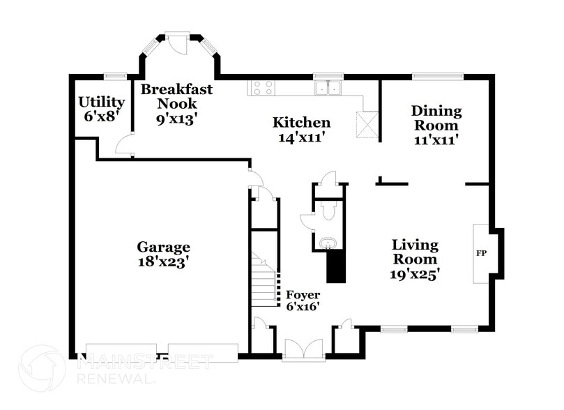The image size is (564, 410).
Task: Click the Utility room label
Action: point(102,102)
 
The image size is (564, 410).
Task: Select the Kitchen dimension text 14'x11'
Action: point(300,138)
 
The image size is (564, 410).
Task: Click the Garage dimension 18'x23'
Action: point(163,262)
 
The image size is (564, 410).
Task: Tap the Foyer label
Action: point(303,295)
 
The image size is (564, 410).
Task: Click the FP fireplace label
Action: point(481,252)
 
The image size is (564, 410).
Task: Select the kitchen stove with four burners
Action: point(262,88)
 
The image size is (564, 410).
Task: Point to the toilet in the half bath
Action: point(329,208)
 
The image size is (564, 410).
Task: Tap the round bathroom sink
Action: point(327,243)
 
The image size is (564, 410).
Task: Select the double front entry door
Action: point(303,349)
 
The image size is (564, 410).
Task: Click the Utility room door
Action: point(125,145)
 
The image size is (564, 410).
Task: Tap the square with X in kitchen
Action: point(366,126)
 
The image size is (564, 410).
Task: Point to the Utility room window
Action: point(114,76)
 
